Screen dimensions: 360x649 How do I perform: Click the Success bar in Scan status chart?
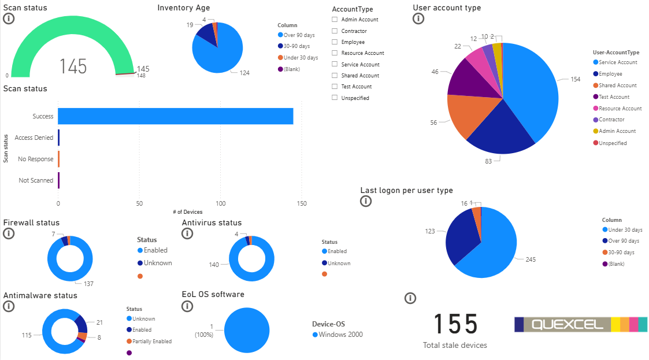point(175,116)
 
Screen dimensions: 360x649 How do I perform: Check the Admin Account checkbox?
point(335,20)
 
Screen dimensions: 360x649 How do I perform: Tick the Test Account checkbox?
point(335,87)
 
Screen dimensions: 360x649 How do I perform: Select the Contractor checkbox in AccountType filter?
point(335,31)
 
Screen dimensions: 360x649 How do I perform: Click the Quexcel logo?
point(581,324)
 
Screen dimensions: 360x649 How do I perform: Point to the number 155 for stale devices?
point(455,324)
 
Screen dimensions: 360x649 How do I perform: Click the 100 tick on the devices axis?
point(220,203)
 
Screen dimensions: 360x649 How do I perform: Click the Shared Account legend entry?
point(617,86)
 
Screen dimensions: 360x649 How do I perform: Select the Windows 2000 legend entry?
point(340,335)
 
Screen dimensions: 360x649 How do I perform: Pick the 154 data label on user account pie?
point(575,80)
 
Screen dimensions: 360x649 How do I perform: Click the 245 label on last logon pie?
point(530,259)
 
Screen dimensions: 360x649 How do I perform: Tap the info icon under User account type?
point(418,18)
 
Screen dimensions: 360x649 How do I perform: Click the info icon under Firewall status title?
point(9,233)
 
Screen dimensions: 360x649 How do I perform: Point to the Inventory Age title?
point(184,8)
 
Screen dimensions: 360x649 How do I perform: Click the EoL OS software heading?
point(213,294)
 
